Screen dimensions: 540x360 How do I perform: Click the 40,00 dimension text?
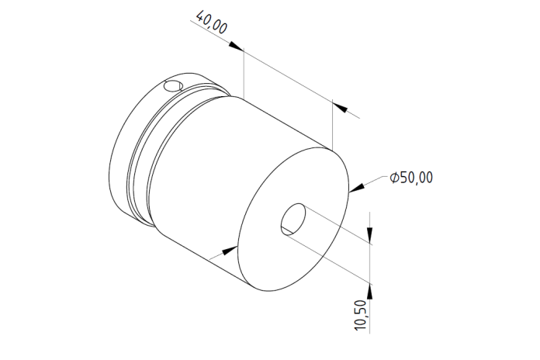click(212, 22)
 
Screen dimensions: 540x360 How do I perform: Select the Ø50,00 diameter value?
click(411, 178)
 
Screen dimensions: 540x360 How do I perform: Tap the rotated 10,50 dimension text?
click(360, 315)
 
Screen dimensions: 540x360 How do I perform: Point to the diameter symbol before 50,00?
click(394, 178)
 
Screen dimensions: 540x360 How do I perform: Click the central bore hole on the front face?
click(293, 220)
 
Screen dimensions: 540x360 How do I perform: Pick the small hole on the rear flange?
click(173, 86)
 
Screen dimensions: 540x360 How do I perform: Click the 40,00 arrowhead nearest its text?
click(236, 46)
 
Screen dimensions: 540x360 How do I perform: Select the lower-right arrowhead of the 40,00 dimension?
click(340, 107)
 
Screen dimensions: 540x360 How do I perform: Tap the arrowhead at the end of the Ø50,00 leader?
click(357, 188)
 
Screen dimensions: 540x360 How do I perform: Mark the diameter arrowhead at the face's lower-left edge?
click(230, 251)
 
